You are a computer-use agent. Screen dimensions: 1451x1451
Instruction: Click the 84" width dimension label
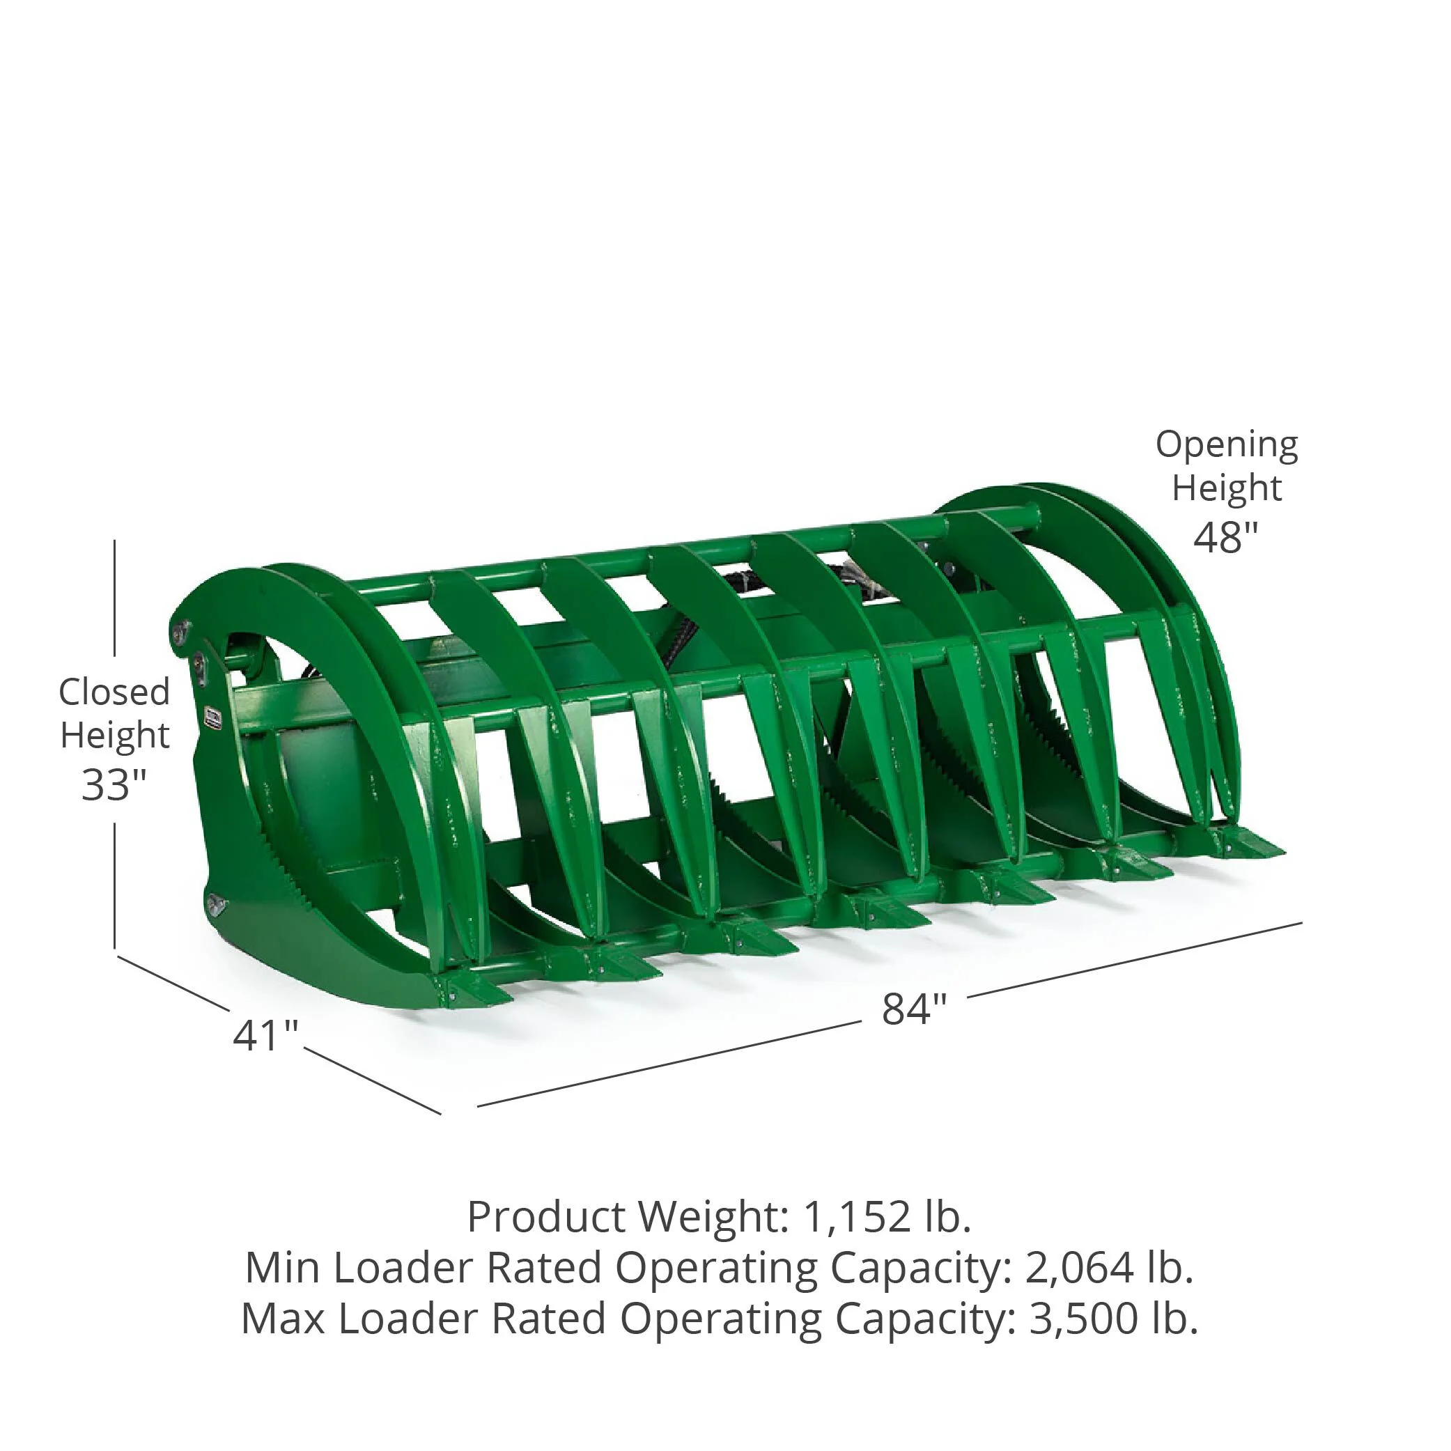click(x=914, y=1009)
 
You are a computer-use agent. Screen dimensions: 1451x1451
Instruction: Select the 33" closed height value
click(x=114, y=785)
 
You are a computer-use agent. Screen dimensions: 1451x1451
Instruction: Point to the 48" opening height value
click(x=1226, y=537)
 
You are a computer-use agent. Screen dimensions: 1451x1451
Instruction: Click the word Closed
click(x=114, y=692)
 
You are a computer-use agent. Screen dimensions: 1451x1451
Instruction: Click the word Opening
click(x=1227, y=446)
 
